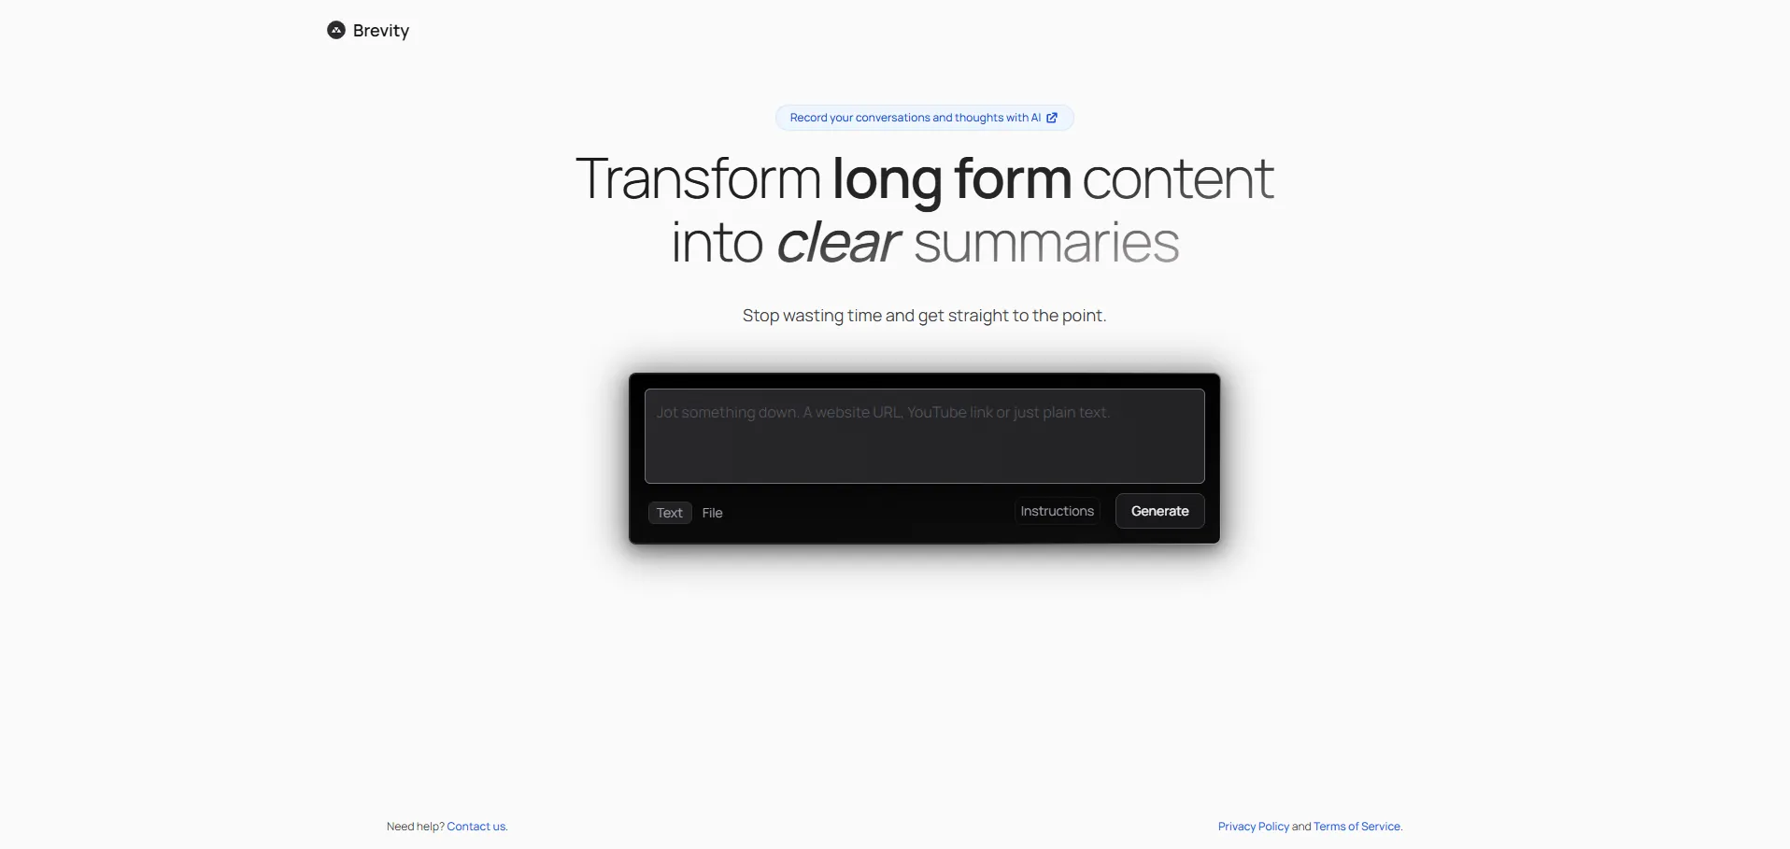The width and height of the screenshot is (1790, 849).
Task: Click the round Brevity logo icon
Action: (x=336, y=30)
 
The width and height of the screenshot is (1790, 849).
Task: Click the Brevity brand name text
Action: (x=381, y=31)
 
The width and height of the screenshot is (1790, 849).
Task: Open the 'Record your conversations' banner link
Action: (x=924, y=118)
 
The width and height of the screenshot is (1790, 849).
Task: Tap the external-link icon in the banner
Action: (x=1052, y=118)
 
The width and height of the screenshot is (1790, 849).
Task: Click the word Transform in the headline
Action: (x=698, y=178)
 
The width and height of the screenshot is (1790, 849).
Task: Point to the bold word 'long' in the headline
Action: (x=887, y=180)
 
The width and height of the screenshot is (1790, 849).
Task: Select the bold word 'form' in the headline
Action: (x=1012, y=178)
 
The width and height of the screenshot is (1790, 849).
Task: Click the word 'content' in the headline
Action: (x=1178, y=179)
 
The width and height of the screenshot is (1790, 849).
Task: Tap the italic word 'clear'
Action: (x=838, y=242)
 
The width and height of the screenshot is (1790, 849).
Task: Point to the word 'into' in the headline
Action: (x=717, y=243)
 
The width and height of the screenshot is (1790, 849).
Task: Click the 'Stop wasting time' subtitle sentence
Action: (x=924, y=316)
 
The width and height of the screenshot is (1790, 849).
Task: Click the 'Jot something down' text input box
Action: (x=924, y=436)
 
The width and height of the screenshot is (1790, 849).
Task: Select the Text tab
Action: (x=670, y=513)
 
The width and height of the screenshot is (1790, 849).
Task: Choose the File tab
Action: (x=713, y=513)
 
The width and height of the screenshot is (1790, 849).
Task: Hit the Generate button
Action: (x=1159, y=511)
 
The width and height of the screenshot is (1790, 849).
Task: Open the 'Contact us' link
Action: (x=477, y=827)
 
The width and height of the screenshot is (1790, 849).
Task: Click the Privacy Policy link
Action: (x=1254, y=827)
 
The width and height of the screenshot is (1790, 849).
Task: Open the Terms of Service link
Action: (x=1357, y=827)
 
